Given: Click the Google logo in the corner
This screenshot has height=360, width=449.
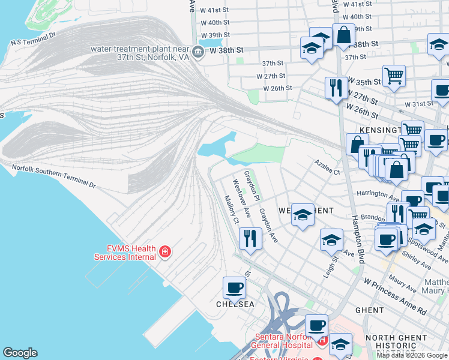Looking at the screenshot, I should [20, 353].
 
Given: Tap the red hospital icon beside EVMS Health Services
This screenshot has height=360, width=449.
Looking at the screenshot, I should [164, 251].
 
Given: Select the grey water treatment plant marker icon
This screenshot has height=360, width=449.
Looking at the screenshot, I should [199, 52].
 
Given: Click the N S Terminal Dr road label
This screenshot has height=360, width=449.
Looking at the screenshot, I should [33, 39].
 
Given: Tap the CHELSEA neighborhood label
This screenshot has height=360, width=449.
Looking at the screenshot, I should [235, 304].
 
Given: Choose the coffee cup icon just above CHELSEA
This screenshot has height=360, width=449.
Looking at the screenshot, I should [234, 287].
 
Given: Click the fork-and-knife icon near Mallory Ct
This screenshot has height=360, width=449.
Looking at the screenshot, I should [250, 238].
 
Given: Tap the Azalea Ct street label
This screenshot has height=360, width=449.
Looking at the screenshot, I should [328, 167].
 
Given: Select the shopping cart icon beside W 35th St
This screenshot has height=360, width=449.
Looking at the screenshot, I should [394, 76].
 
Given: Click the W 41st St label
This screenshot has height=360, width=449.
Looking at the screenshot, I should [214, 10].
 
